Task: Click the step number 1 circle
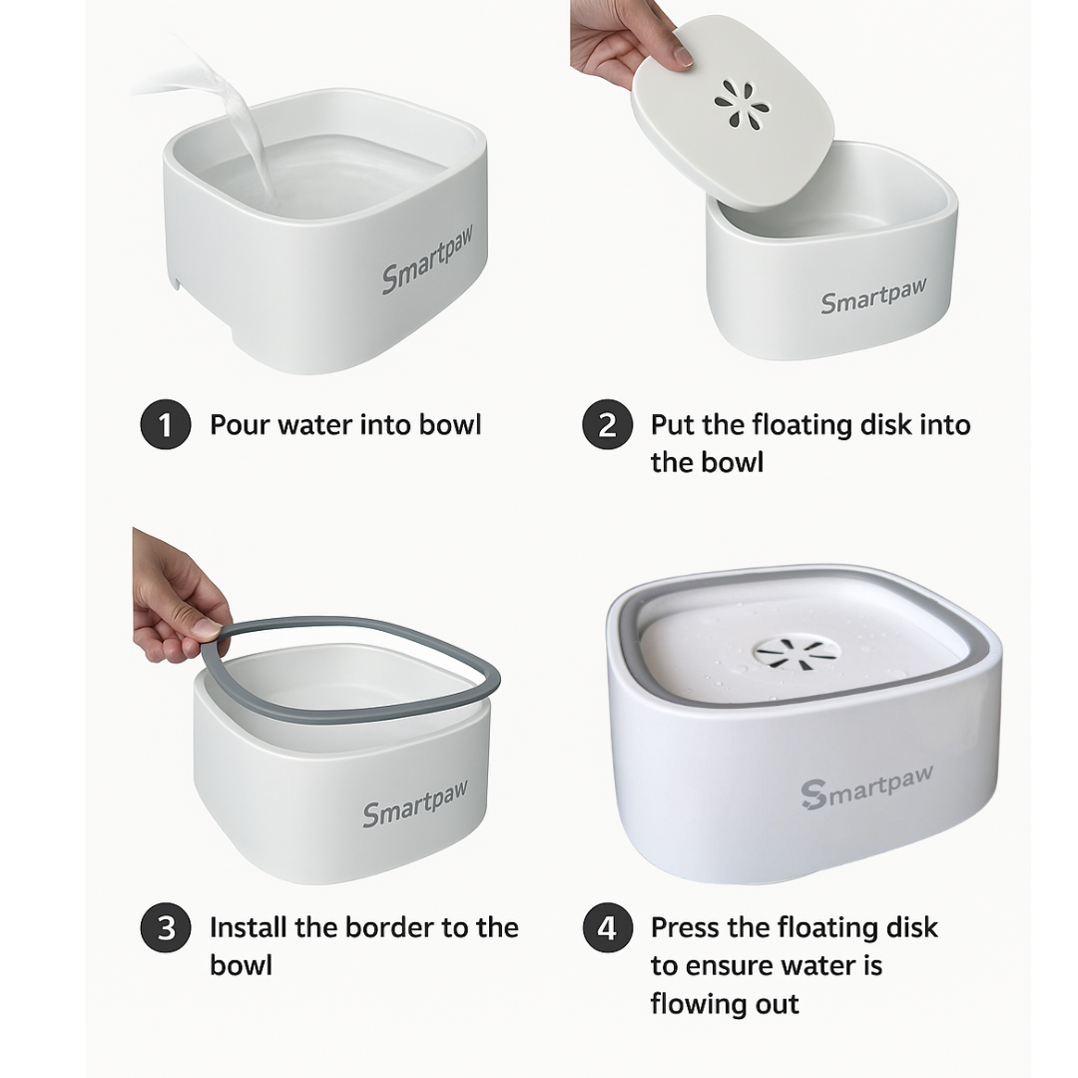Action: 166,424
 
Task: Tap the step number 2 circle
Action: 607,424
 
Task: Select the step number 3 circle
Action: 166,927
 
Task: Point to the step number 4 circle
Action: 607,927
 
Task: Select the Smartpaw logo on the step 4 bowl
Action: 867,788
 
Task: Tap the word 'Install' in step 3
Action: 249,927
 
